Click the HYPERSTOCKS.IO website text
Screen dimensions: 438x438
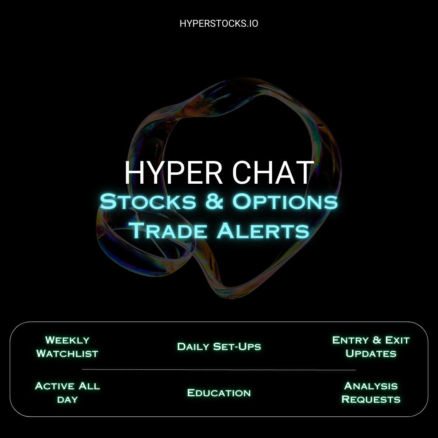tap(219, 24)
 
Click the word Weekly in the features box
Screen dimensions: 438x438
tap(67, 340)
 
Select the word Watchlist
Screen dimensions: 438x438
tap(67, 353)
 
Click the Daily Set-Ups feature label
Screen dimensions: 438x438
tap(219, 347)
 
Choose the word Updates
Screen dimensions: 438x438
tap(371, 353)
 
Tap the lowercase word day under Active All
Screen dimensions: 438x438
tap(67, 399)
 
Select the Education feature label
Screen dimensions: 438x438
tap(219, 393)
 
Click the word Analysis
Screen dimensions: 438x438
tap(371, 386)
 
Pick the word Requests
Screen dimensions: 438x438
tap(371, 399)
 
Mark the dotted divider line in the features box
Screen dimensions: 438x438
tap(219, 369)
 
